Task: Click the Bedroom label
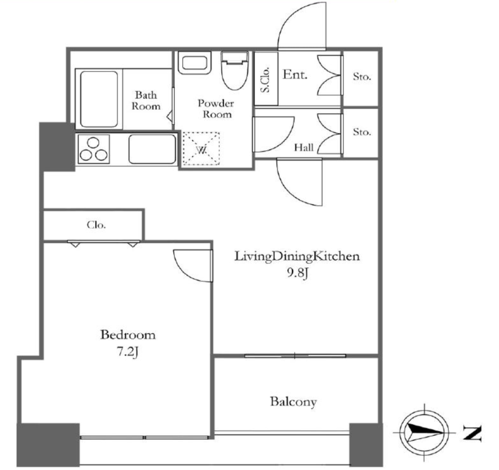point(128,335)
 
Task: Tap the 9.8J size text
point(298,273)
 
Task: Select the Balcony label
point(293,402)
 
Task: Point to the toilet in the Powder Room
point(235,70)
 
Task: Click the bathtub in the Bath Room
point(99,99)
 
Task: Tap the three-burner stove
point(93,149)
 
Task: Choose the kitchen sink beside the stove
point(153,149)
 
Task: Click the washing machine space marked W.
point(201,149)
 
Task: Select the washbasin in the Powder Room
point(194,63)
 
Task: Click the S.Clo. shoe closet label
point(265,79)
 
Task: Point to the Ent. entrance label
point(295,75)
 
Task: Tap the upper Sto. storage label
point(362,76)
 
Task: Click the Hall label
point(304,147)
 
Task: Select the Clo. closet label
point(96,225)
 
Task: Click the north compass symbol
point(424,432)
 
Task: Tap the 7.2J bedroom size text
point(128,352)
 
